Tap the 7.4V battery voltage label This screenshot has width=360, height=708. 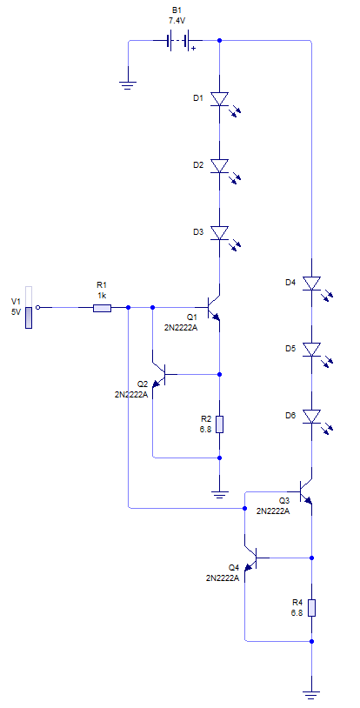[177, 20]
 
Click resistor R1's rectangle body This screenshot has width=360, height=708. [102, 309]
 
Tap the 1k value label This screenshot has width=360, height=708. [102, 295]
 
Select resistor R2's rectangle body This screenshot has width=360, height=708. [219, 424]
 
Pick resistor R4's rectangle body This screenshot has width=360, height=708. [311, 608]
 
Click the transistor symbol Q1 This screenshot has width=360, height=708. [213, 308]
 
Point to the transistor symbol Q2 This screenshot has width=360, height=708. [159, 374]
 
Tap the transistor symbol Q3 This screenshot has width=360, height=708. [305, 491]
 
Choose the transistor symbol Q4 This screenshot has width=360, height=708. [251, 558]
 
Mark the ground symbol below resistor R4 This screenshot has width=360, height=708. [311, 696]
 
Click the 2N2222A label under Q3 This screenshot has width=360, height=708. [273, 511]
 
